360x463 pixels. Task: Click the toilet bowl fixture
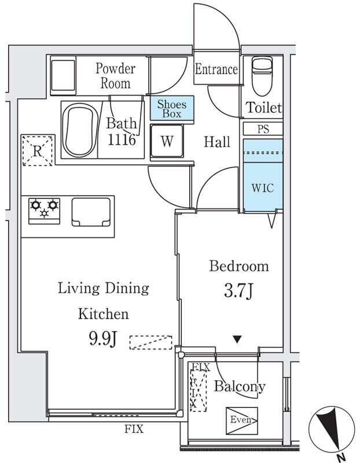click(x=262, y=76)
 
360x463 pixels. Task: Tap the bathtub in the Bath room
click(x=80, y=130)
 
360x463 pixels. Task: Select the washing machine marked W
click(x=167, y=141)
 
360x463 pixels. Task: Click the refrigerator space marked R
click(x=37, y=150)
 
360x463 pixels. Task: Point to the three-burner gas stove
click(x=45, y=211)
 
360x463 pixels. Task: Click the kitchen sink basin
click(x=91, y=212)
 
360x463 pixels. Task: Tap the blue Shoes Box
click(x=172, y=108)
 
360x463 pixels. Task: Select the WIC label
click(x=263, y=188)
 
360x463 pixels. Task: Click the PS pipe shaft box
click(x=263, y=129)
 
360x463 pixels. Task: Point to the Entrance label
click(x=216, y=69)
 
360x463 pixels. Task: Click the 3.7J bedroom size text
click(x=238, y=291)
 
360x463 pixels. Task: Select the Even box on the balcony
click(x=242, y=421)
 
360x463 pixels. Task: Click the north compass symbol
click(x=332, y=430)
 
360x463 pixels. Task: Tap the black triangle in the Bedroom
click(x=237, y=339)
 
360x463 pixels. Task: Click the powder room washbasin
click(x=63, y=75)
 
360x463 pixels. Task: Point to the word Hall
click(x=217, y=142)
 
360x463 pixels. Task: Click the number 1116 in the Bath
click(x=122, y=139)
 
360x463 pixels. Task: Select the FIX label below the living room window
click(x=134, y=428)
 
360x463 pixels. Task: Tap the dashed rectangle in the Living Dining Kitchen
click(x=150, y=343)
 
